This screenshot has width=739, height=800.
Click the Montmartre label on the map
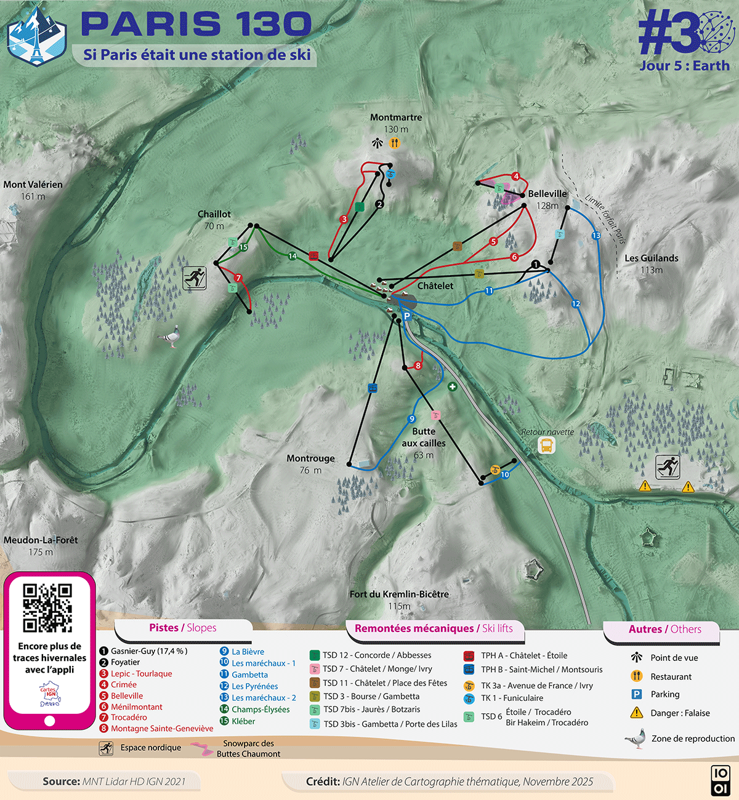pyautogui.click(x=396, y=118)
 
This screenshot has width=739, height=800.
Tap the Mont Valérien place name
pyautogui.click(x=33, y=185)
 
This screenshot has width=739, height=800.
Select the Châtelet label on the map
pyautogui.click(x=435, y=286)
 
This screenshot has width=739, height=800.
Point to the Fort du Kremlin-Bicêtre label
pyautogui.click(x=399, y=594)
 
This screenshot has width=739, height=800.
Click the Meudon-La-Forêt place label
pyautogui.click(x=41, y=540)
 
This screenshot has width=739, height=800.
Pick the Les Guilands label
pyautogui.click(x=652, y=258)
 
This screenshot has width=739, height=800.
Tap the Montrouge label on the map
pyautogui.click(x=310, y=458)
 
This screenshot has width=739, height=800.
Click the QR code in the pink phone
pyautogui.click(x=47, y=608)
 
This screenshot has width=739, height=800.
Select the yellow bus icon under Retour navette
pyautogui.click(x=546, y=446)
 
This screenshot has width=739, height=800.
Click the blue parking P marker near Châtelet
pyautogui.click(x=406, y=316)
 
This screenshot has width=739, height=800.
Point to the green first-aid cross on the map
pyautogui.click(x=453, y=387)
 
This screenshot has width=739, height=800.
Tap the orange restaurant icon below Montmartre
pyautogui.click(x=395, y=143)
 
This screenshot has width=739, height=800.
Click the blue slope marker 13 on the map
pyautogui.click(x=596, y=236)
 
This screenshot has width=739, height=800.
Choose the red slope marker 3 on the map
pyautogui.click(x=344, y=219)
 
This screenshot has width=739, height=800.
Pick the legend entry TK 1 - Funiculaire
pyautogui.click(x=512, y=698)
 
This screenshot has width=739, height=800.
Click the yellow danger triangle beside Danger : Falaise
pyautogui.click(x=637, y=713)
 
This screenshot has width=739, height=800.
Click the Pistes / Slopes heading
pyautogui.click(x=182, y=628)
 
